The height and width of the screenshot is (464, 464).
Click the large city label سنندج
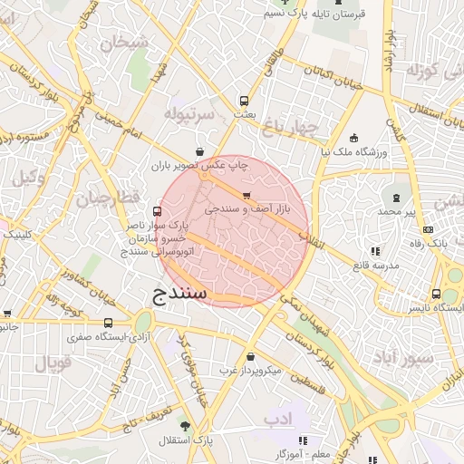pos(176,293)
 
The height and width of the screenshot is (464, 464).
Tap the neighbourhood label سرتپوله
pos(188,114)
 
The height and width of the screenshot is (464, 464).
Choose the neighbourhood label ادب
pos(275,420)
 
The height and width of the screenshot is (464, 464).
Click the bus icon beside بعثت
pos(243,101)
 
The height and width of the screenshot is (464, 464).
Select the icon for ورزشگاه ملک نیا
pos(353,138)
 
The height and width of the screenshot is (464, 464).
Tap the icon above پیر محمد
pos(396,197)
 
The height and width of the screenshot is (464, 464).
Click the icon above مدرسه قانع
pos(374,251)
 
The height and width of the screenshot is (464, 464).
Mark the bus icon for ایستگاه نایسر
pos(437,295)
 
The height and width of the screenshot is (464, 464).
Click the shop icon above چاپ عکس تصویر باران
pos(199,151)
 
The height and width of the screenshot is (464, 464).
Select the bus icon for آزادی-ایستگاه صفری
pos(109,322)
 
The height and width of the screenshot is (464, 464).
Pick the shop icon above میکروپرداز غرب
pos(251,357)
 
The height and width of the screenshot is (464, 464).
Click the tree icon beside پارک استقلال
pos(186,425)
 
